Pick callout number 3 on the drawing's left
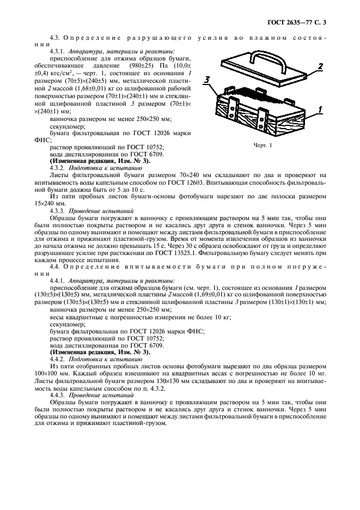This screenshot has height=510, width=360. click(x=207, y=80)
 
